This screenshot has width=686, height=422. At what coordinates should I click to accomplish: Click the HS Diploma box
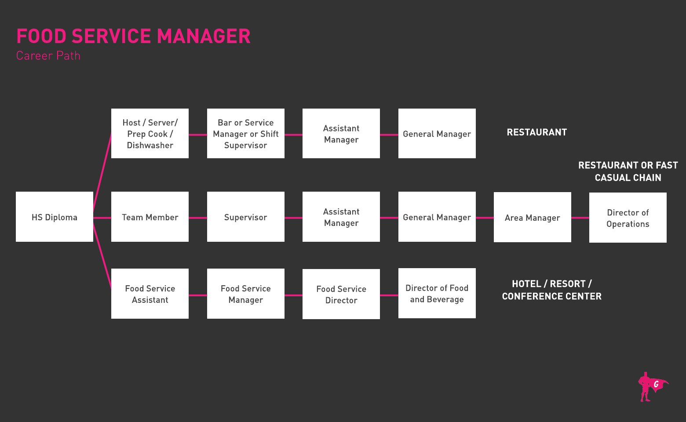pos(55,217)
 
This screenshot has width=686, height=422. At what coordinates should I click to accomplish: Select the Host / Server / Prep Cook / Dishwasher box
pos(150,134)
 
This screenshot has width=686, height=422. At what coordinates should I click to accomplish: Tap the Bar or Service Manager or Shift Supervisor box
pos(245,134)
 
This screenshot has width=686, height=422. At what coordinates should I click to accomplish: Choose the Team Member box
pos(150,217)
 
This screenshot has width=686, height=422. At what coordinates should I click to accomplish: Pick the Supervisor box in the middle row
pos(245,217)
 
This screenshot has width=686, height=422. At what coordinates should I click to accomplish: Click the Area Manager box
pos(532,217)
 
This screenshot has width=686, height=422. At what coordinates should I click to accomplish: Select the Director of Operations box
pos(628,218)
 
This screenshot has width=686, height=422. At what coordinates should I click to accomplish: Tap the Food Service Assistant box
pos(150,294)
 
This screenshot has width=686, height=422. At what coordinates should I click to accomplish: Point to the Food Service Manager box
pos(245,294)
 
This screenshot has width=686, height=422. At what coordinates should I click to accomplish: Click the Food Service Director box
pos(341,294)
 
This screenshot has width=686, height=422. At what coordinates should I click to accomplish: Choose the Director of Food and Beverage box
pos(437,293)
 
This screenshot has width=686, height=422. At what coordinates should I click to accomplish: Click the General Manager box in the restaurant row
pos(437,134)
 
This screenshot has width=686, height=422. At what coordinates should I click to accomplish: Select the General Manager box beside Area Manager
pos(437,217)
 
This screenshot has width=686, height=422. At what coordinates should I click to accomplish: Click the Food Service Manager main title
pos(133,36)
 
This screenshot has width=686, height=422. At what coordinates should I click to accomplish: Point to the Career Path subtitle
pos(48,56)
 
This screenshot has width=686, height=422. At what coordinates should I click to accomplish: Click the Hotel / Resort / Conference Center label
pos(551,290)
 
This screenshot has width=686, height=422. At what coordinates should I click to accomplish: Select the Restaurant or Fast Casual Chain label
pos(628,171)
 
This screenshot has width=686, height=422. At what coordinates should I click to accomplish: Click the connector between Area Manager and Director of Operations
pos(580,218)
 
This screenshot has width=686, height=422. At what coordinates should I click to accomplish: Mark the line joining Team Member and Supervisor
pos(198,218)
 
